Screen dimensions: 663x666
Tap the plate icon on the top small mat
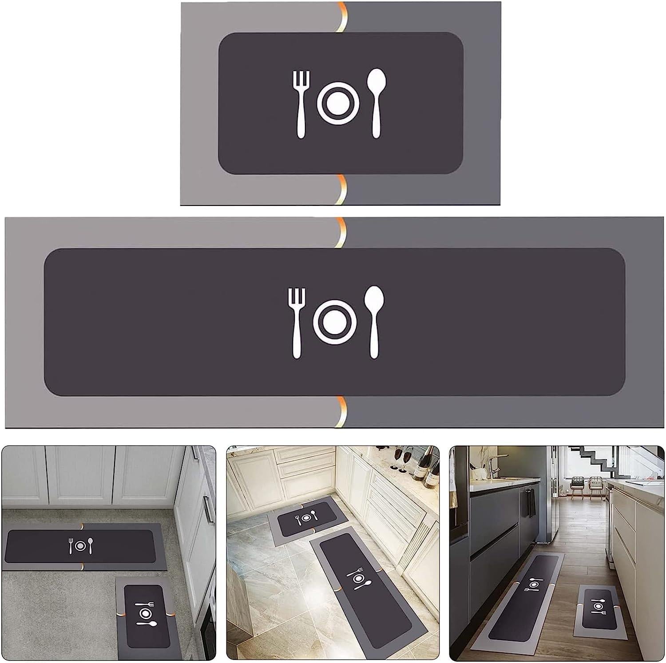[336, 103]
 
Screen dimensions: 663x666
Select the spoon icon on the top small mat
[376, 102]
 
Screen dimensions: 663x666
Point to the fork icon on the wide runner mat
[296, 322]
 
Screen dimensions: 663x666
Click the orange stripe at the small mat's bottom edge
[341, 189]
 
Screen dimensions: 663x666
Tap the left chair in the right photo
[578, 483]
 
